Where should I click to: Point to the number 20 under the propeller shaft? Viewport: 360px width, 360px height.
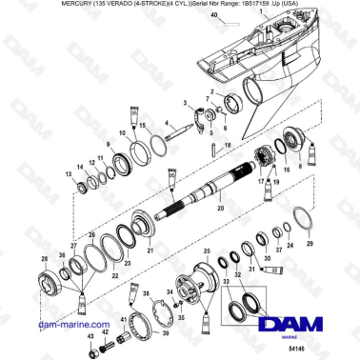click(x=219, y=208)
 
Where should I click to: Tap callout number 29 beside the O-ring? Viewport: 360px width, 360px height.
click(x=309, y=244)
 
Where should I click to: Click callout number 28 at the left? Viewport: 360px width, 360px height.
click(x=44, y=259)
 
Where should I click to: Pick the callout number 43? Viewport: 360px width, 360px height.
click(x=90, y=336)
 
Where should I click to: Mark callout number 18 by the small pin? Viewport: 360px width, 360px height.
click(x=227, y=145)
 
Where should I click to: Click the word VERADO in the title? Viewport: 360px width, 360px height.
click(x=82, y=6)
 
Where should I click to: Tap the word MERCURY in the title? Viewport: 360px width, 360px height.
click(x=27, y=6)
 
